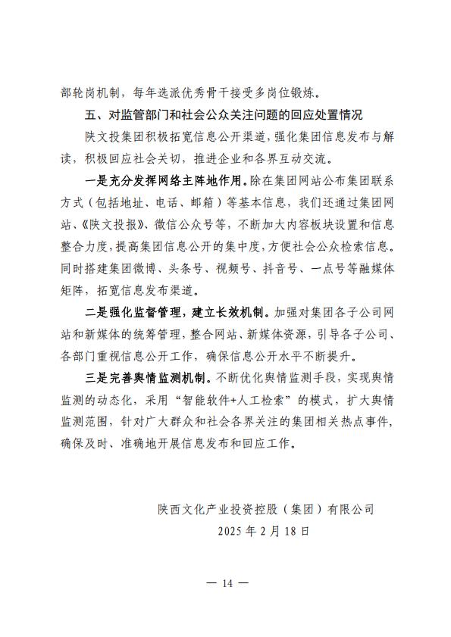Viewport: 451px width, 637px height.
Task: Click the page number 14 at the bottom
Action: [226, 582]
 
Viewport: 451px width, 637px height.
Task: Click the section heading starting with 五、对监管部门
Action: [224, 116]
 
